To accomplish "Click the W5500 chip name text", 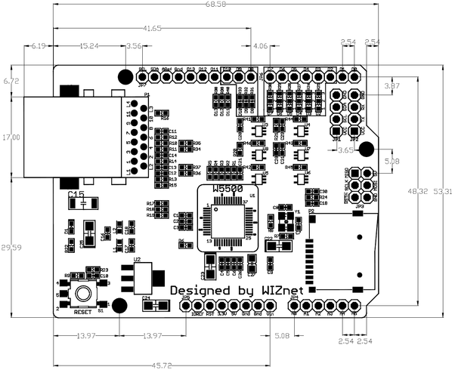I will point(227,188).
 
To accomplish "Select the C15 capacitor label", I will point(76,195).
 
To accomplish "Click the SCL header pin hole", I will point(141,77).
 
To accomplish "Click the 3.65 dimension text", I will point(345,151).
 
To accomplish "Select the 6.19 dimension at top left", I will point(39,46).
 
